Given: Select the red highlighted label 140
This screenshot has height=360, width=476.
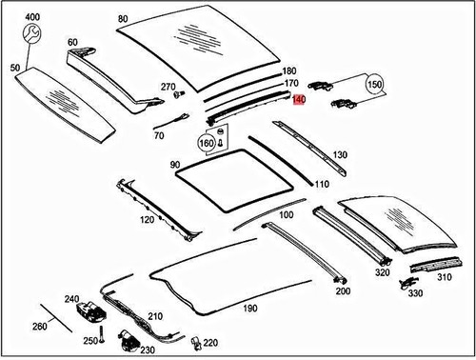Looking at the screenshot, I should (x=298, y=99).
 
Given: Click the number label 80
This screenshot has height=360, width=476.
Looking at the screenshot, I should (x=122, y=18).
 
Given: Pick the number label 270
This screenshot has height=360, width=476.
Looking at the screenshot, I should (x=169, y=88).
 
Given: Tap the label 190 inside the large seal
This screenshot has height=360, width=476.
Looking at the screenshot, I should (x=249, y=308).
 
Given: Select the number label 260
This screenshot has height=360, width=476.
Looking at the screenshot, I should (x=39, y=327).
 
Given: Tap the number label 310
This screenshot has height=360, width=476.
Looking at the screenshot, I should (x=443, y=278).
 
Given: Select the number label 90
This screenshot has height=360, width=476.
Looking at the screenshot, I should (x=175, y=165).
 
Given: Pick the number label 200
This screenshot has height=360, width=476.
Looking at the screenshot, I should (x=343, y=290).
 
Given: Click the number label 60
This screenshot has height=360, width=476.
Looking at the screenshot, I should (x=73, y=43).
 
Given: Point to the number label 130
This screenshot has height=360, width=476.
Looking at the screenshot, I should (x=340, y=154).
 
